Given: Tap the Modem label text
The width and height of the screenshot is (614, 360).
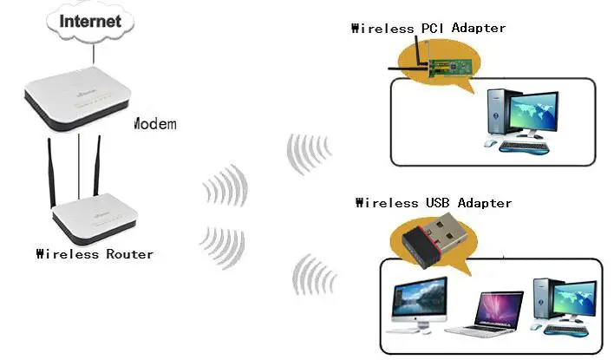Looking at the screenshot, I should tap(154, 123).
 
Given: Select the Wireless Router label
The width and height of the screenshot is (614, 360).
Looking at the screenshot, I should tap(95, 254).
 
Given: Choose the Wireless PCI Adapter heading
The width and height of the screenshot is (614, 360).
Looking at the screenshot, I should tap(428, 28).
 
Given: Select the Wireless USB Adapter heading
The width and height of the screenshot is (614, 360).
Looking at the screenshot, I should tap(434, 203).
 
